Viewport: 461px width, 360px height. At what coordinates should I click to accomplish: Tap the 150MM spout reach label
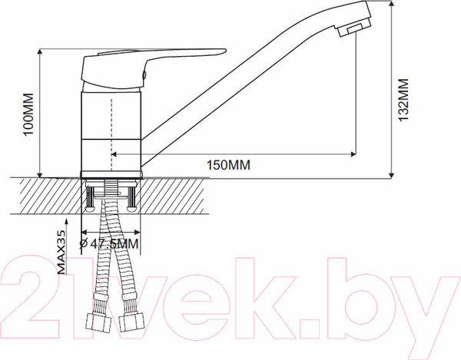[x=228, y=165]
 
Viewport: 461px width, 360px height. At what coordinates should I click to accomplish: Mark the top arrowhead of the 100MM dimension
[x=39, y=54]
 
